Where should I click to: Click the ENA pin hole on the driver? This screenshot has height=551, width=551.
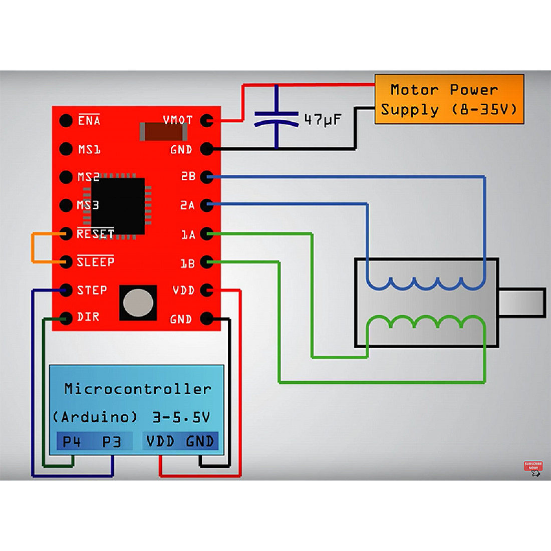coord(66,121)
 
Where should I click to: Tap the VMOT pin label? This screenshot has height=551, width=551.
coord(177,120)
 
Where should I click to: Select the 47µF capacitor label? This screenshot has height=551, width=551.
coord(323,120)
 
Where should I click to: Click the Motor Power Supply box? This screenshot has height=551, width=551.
coord(449,99)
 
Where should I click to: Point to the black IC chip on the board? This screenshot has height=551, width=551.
coord(118,205)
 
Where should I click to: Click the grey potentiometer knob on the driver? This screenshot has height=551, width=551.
coord(138,303)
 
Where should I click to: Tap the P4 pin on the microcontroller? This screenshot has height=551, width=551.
coord(72,442)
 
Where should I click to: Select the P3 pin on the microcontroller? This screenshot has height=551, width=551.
coord(112,442)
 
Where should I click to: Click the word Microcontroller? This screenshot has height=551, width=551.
coord(138,389)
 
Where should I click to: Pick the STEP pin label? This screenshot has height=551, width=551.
coord(92,290)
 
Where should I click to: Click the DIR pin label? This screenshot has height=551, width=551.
coord(88,317)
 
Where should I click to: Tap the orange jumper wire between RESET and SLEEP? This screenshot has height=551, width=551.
coord(33,247)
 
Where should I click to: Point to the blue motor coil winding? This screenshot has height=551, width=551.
coord(426,285)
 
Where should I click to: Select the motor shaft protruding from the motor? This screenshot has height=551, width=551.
coord(522,303)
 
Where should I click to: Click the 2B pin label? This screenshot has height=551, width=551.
coord(188,177)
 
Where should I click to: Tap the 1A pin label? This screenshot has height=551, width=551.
coord(188,234)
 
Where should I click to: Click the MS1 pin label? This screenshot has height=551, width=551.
coord(89,149)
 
